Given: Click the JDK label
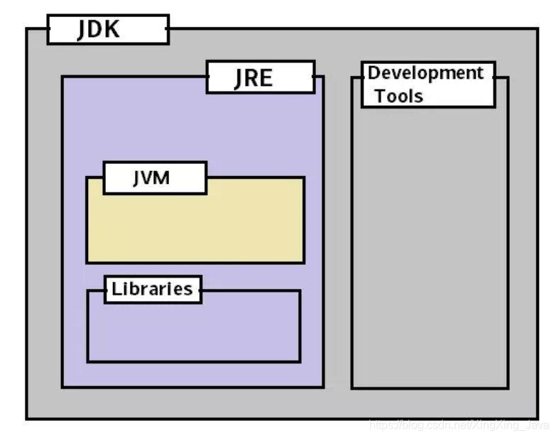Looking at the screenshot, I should point(99,30).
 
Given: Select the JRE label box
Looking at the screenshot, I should point(260,77).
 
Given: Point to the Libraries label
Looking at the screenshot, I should point(152,289).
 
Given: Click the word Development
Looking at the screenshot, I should point(425,73).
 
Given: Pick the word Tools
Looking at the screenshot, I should point(398,96).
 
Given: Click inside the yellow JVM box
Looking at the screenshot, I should point(195,227).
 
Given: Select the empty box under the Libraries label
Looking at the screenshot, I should point(193,330).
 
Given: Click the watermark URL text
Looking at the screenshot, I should point(459,425).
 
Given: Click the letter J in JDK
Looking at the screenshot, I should point(82,30).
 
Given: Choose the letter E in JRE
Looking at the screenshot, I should point(266,77).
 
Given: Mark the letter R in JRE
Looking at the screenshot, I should point(252,77).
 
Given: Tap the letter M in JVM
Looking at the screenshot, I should point(163,177).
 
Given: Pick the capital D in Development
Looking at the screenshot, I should point(374,73).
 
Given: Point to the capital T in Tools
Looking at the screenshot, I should point(380,96).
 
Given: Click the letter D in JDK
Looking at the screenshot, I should point(97,30).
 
